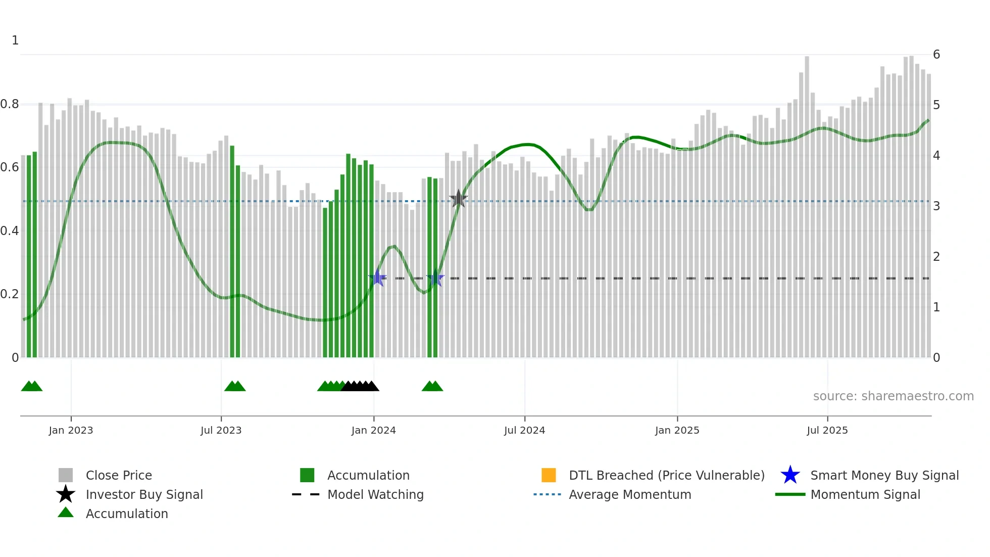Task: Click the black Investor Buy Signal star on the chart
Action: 459,199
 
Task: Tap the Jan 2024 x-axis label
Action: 373,431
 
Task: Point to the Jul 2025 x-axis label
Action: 827,431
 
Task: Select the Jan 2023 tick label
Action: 71,431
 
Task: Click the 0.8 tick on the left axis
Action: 10,105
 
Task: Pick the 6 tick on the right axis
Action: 936,55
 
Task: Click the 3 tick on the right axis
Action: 936,206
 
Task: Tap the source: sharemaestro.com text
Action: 893,396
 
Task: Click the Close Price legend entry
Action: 119,476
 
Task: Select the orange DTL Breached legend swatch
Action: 549,475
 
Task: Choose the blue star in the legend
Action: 790,475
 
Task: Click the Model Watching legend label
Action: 375,495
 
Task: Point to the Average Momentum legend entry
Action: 630,495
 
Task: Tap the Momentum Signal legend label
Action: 865,495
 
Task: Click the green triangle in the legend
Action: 66,513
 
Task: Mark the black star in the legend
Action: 66,494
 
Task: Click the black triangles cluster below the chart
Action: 360,387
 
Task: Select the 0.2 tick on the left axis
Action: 10,294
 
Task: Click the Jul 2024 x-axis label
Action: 524,431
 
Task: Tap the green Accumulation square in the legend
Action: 307,475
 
